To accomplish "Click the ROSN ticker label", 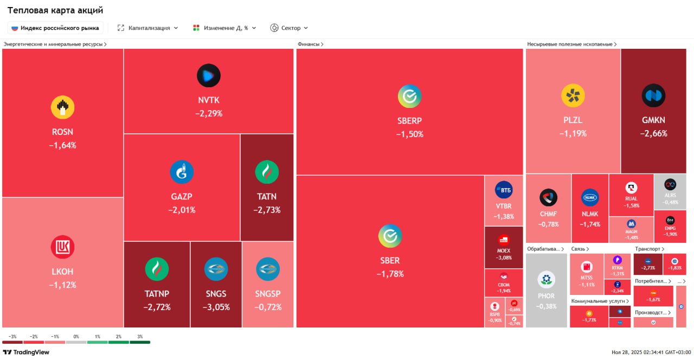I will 62,132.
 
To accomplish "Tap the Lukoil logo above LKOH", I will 62,248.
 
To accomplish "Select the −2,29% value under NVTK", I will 209,114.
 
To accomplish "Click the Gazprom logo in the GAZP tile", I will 182,172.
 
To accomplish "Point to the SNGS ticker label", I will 216,294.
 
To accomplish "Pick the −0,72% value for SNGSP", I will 268,307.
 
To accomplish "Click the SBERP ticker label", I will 409,121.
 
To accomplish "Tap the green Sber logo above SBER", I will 390,236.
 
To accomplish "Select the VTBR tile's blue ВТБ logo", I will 504,190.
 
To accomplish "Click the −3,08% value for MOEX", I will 504,258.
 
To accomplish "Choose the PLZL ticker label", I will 573,120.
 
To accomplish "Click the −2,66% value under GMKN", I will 653,133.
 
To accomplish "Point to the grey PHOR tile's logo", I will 546,280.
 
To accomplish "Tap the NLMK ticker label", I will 589,214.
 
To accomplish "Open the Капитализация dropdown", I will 148,28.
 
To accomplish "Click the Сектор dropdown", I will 289,28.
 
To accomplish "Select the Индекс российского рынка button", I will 55,28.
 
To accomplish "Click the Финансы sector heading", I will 309,44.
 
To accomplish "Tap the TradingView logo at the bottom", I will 26,352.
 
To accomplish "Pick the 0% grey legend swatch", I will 76,342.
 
